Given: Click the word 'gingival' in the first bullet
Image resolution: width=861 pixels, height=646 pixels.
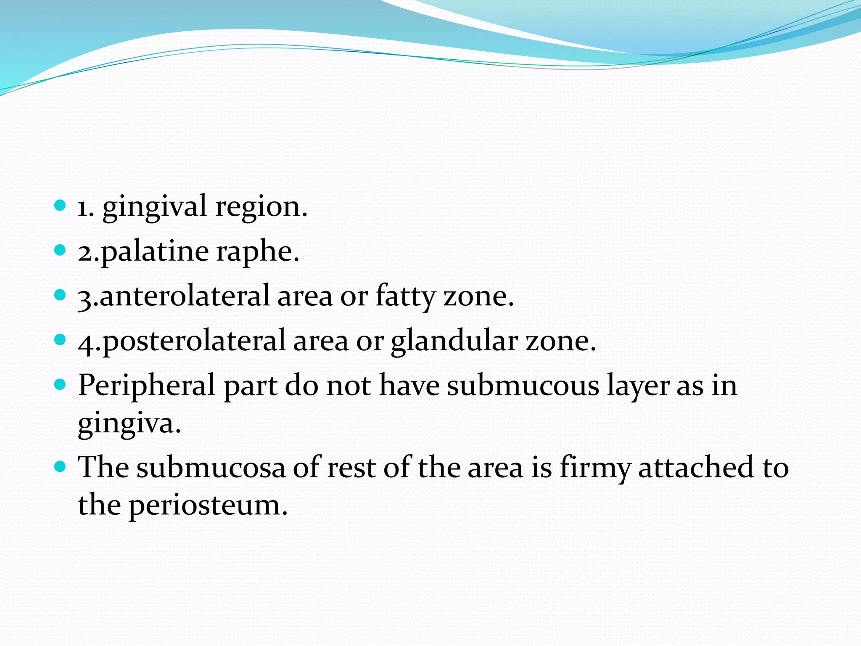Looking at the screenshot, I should click(154, 207).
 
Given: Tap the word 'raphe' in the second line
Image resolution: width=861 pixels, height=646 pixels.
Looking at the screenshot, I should click(257, 252).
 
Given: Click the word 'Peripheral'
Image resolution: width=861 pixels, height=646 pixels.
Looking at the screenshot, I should click(146, 385).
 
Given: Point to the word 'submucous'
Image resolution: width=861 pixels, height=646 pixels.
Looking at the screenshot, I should click(523, 385).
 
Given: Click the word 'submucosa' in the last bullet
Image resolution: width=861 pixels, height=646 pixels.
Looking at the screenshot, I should click(211, 468).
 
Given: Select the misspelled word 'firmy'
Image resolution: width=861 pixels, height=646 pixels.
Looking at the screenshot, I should click(595, 468).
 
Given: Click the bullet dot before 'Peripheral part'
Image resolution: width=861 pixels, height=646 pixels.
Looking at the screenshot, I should click(61, 384).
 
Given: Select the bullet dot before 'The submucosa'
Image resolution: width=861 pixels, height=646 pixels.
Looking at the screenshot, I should click(61, 466).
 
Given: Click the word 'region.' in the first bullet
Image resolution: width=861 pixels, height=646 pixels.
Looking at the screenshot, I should click(261, 207).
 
